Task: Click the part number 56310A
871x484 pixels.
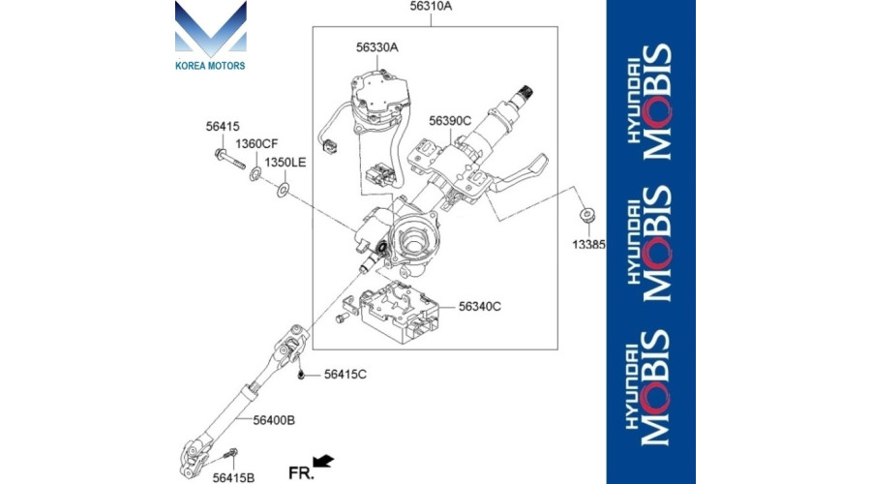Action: coord(431,7)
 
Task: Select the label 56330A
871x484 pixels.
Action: coord(377,47)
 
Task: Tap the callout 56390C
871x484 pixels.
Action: coord(450,121)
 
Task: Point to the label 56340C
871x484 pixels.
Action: coord(479,306)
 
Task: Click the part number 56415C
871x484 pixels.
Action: coord(345,375)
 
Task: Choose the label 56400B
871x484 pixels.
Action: coord(274,421)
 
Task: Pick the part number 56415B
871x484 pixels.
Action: coord(233,478)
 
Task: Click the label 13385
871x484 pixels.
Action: coord(588,245)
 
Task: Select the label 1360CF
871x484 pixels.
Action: coord(256,144)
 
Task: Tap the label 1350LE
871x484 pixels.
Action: coord(285,163)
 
